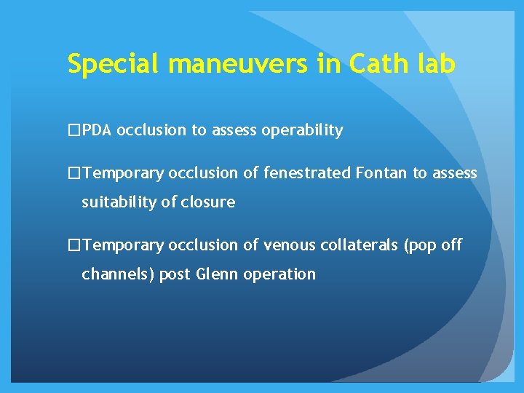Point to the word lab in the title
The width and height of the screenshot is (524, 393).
pos(435,65)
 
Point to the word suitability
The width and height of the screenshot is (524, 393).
pos(118,202)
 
